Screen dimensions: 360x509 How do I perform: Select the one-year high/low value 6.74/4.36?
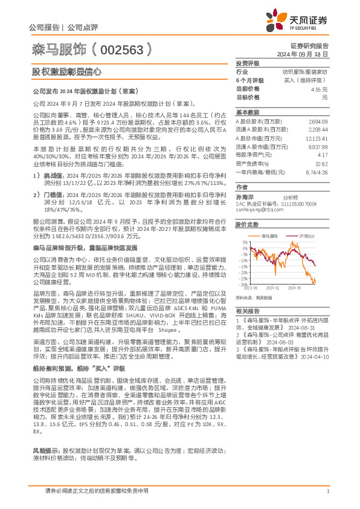pos(317,171)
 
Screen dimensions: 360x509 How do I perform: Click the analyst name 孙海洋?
pos(245,197)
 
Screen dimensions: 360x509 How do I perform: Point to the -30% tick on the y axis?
pos(243,284)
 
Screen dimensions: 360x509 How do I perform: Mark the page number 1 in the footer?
pos(327,491)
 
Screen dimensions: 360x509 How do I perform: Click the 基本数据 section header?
pos(246,112)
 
